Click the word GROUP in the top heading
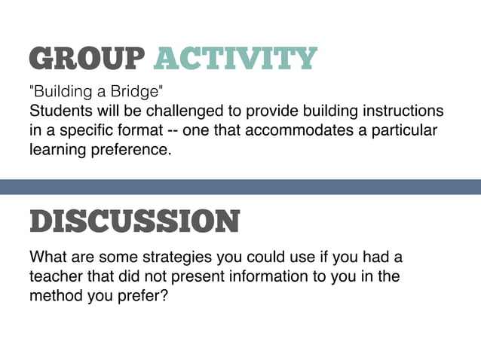[86, 58]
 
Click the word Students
[58, 111]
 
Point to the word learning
[55, 150]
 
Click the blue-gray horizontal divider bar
[240, 187]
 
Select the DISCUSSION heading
[134, 221]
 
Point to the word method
[55, 296]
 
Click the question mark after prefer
[163, 296]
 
